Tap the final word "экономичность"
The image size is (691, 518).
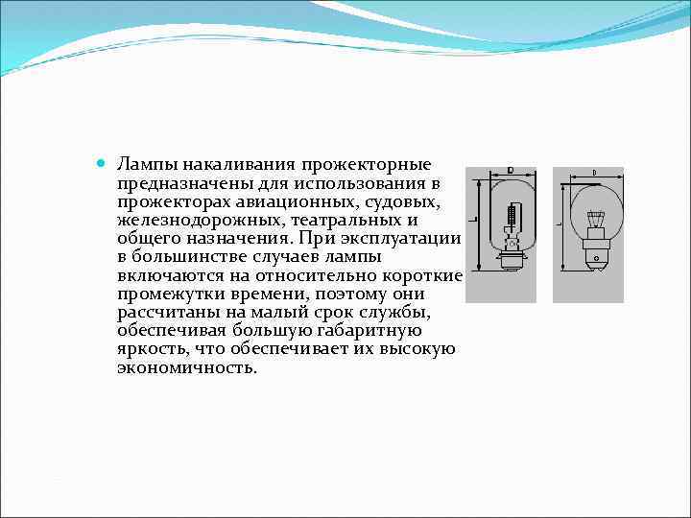pos(188,367)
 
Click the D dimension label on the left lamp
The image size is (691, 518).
pos(509,171)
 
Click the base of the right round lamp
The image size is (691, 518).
pos(595,251)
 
